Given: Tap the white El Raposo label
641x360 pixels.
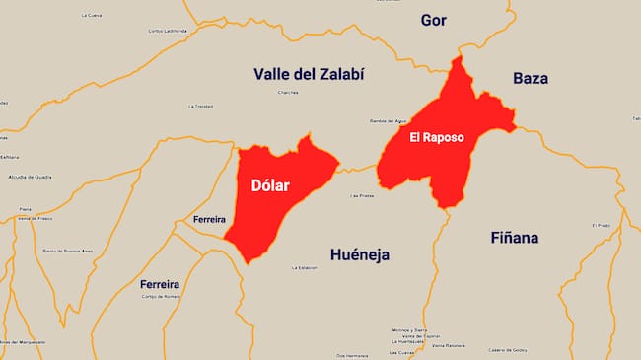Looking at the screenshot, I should coord(437,137).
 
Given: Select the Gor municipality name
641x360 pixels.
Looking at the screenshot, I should coord(434,20).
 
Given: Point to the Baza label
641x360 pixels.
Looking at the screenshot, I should coord(531,78).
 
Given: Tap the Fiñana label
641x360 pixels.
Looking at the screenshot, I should coord(515,238).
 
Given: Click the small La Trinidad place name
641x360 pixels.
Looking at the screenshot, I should coord(200,106).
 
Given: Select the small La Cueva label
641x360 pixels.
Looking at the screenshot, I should coord(92,15).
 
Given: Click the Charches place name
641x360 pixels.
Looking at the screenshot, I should coord(288,92).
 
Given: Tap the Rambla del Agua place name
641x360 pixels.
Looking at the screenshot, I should coord(388,120).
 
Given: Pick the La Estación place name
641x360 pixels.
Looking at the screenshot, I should coord(305,267).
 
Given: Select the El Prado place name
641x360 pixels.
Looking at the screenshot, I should coord(602,225).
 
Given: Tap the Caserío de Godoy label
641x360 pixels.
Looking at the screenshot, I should coord(508,350).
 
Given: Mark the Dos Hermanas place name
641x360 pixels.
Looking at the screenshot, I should coord(352,355).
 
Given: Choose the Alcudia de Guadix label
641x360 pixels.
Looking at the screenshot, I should coord(30,177).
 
